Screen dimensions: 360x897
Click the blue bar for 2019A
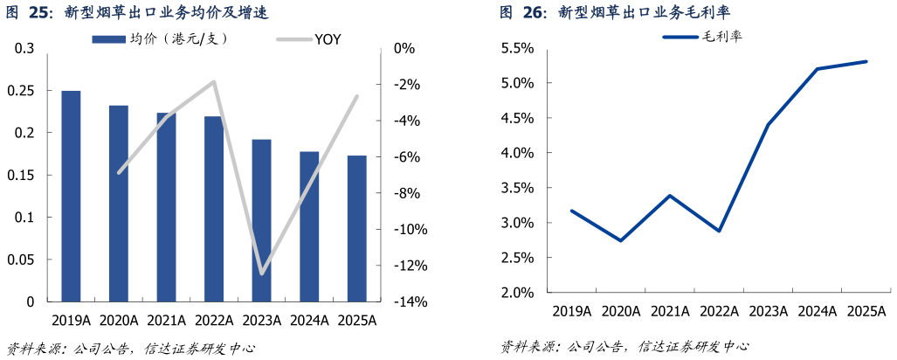click(x=71, y=196)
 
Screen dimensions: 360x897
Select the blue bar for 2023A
click(x=261, y=220)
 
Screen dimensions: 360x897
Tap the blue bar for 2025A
click(x=356, y=228)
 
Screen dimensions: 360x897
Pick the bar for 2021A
click(x=166, y=207)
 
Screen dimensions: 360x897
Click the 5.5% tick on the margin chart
click(x=516, y=48)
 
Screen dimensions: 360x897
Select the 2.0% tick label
click(x=516, y=293)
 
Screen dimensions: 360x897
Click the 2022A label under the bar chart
click(x=213, y=321)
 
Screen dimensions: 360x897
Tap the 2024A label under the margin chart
click(x=817, y=311)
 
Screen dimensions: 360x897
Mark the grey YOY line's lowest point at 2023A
click(x=261, y=273)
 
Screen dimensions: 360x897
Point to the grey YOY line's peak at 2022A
click(x=214, y=81)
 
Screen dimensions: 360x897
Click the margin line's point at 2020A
click(x=620, y=240)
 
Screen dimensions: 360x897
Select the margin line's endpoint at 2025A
click(x=866, y=61)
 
